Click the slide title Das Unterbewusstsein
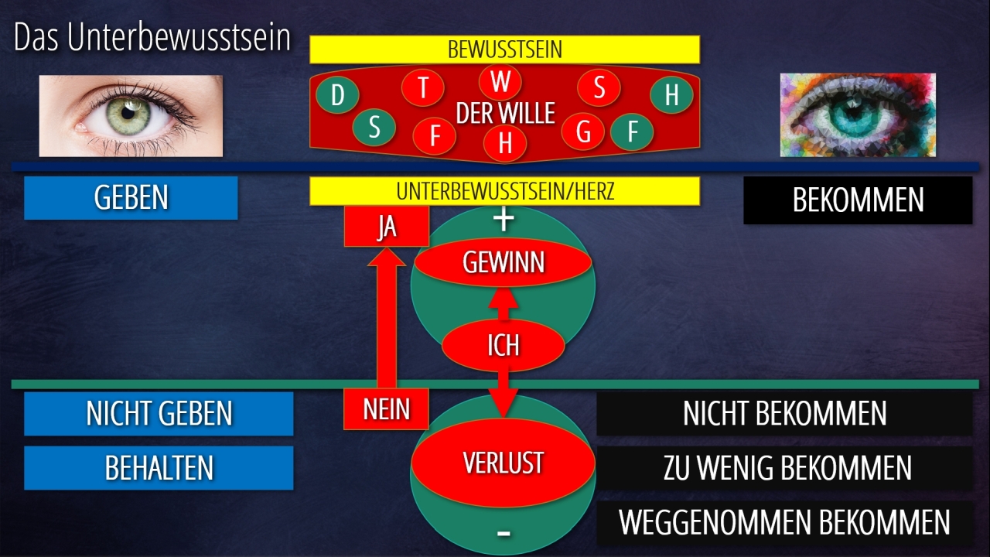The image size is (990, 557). [x=152, y=39]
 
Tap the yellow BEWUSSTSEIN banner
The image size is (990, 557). [x=504, y=50]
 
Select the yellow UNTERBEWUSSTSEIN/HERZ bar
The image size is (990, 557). [x=504, y=191]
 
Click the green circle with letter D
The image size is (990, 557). [x=337, y=96]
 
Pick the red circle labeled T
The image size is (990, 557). [x=423, y=87]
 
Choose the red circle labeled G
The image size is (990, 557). [x=583, y=132]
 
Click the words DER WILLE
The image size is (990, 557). [x=505, y=114]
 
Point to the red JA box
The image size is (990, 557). [x=386, y=227]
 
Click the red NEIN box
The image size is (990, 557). [x=386, y=408]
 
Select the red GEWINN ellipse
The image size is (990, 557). [x=504, y=263]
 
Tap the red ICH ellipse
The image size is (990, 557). [x=504, y=345]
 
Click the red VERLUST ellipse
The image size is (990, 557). [x=503, y=463]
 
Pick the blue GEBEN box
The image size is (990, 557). [x=131, y=198]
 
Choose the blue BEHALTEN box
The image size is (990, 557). [x=159, y=468]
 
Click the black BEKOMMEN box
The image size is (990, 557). [x=858, y=200]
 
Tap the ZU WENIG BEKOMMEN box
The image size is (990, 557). [x=785, y=468]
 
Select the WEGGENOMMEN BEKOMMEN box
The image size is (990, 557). [x=785, y=522]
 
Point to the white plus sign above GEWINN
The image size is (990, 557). [x=504, y=220]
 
